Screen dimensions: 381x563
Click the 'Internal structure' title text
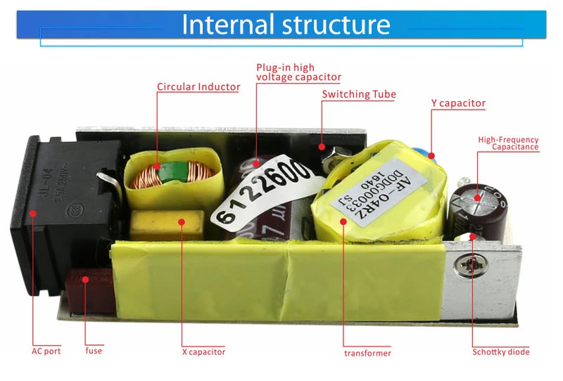tap(286, 25)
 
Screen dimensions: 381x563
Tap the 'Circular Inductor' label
tap(198, 87)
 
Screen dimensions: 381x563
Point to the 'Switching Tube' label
tap(359, 94)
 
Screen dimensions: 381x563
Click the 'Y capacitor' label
tap(458, 103)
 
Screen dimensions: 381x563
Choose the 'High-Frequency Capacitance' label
tap(508, 143)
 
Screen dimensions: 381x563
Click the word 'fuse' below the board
tap(94, 350)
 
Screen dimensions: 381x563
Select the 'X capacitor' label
tap(203, 351)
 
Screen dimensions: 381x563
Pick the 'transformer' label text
tap(367, 353)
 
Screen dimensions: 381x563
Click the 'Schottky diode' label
tap(500, 351)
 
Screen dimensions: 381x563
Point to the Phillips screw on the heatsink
tap(468, 266)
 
